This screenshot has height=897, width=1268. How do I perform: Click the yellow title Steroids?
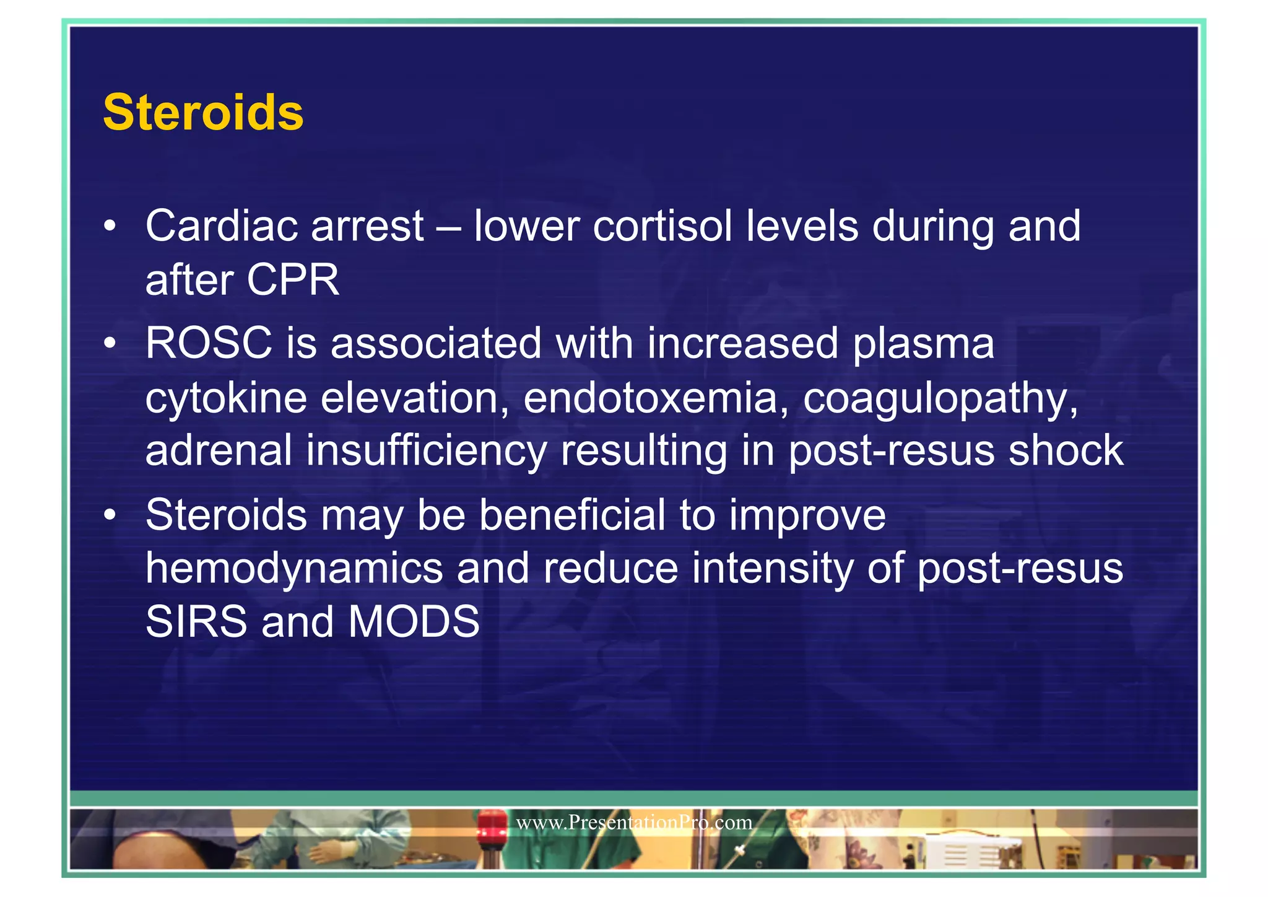point(203,113)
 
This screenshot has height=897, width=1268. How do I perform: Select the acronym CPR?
point(293,280)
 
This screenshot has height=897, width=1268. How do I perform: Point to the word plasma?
point(923,344)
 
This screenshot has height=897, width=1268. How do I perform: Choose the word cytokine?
point(226,398)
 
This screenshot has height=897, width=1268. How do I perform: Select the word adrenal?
point(219,450)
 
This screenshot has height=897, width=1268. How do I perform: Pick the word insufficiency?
point(427,451)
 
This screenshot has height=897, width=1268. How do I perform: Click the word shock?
point(1066,450)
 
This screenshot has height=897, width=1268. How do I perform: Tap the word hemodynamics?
point(294,569)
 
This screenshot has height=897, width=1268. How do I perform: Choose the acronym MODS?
point(414,621)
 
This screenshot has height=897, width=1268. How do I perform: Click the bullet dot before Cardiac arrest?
point(110,227)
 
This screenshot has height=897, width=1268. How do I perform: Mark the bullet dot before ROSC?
point(110,344)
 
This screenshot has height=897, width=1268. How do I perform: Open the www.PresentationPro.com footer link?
point(634,823)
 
